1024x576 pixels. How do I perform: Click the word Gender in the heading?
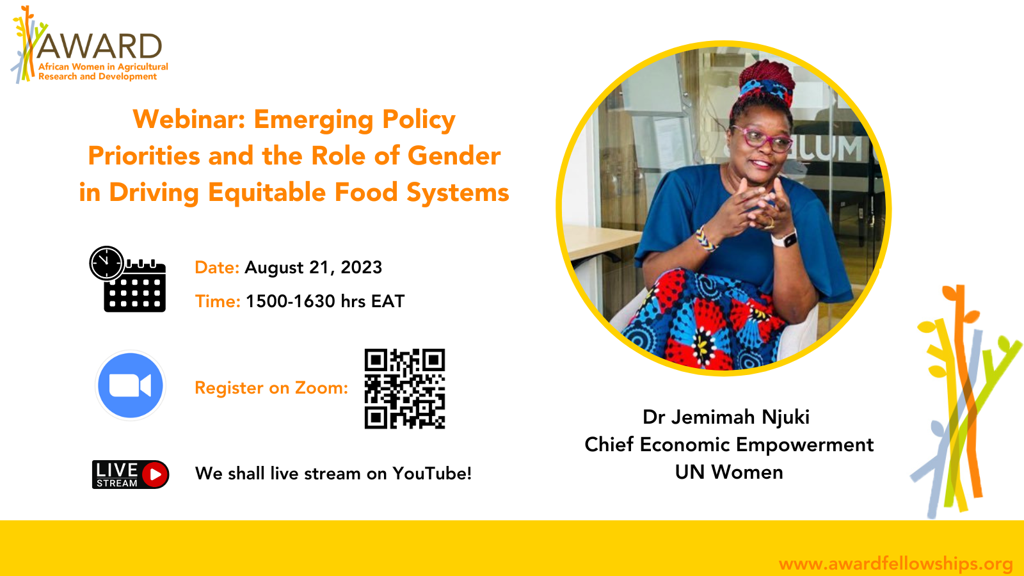(454, 156)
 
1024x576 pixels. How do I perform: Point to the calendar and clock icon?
(127, 279)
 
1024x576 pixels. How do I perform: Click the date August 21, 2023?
(313, 268)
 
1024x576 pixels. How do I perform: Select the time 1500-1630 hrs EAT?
(325, 301)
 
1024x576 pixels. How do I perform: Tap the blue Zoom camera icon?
(131, 385)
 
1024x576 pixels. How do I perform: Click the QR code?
(404, 388)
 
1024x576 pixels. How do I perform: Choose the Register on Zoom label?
(271, 388)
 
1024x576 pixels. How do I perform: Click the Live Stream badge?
(131, 474)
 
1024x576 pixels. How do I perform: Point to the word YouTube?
(431, 474)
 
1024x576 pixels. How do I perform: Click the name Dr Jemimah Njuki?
(726, 417)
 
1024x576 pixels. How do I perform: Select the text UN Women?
(729, 472)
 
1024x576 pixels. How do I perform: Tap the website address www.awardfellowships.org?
(895, 564)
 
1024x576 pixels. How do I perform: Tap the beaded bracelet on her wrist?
(705, 239)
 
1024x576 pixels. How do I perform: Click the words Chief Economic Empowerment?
(729, 445)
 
